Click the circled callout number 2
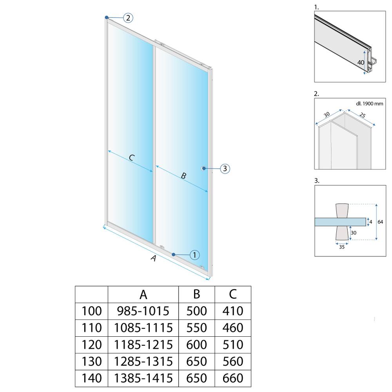(128, 18)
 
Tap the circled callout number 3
(224, 169)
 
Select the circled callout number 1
(194, 254)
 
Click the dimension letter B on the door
(183, 176)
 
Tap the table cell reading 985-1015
(143, 311)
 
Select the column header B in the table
(196, 294)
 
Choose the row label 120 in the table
(91, 345)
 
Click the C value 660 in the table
(233, 378)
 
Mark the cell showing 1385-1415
(143, 378)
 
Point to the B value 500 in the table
(196, 311)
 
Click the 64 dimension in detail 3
(380, 222)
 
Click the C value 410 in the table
(233, 311)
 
